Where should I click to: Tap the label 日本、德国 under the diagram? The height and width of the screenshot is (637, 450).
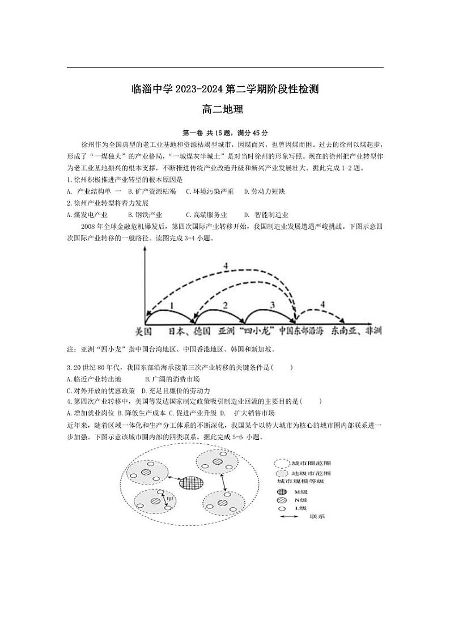[190, 330]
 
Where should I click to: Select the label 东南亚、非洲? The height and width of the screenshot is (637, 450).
[356, 330]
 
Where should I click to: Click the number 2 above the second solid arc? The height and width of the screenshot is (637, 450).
[225, 305]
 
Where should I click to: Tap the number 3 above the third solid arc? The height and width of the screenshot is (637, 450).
[272, 305]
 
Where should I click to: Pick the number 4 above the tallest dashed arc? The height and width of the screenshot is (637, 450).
[225, 266]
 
